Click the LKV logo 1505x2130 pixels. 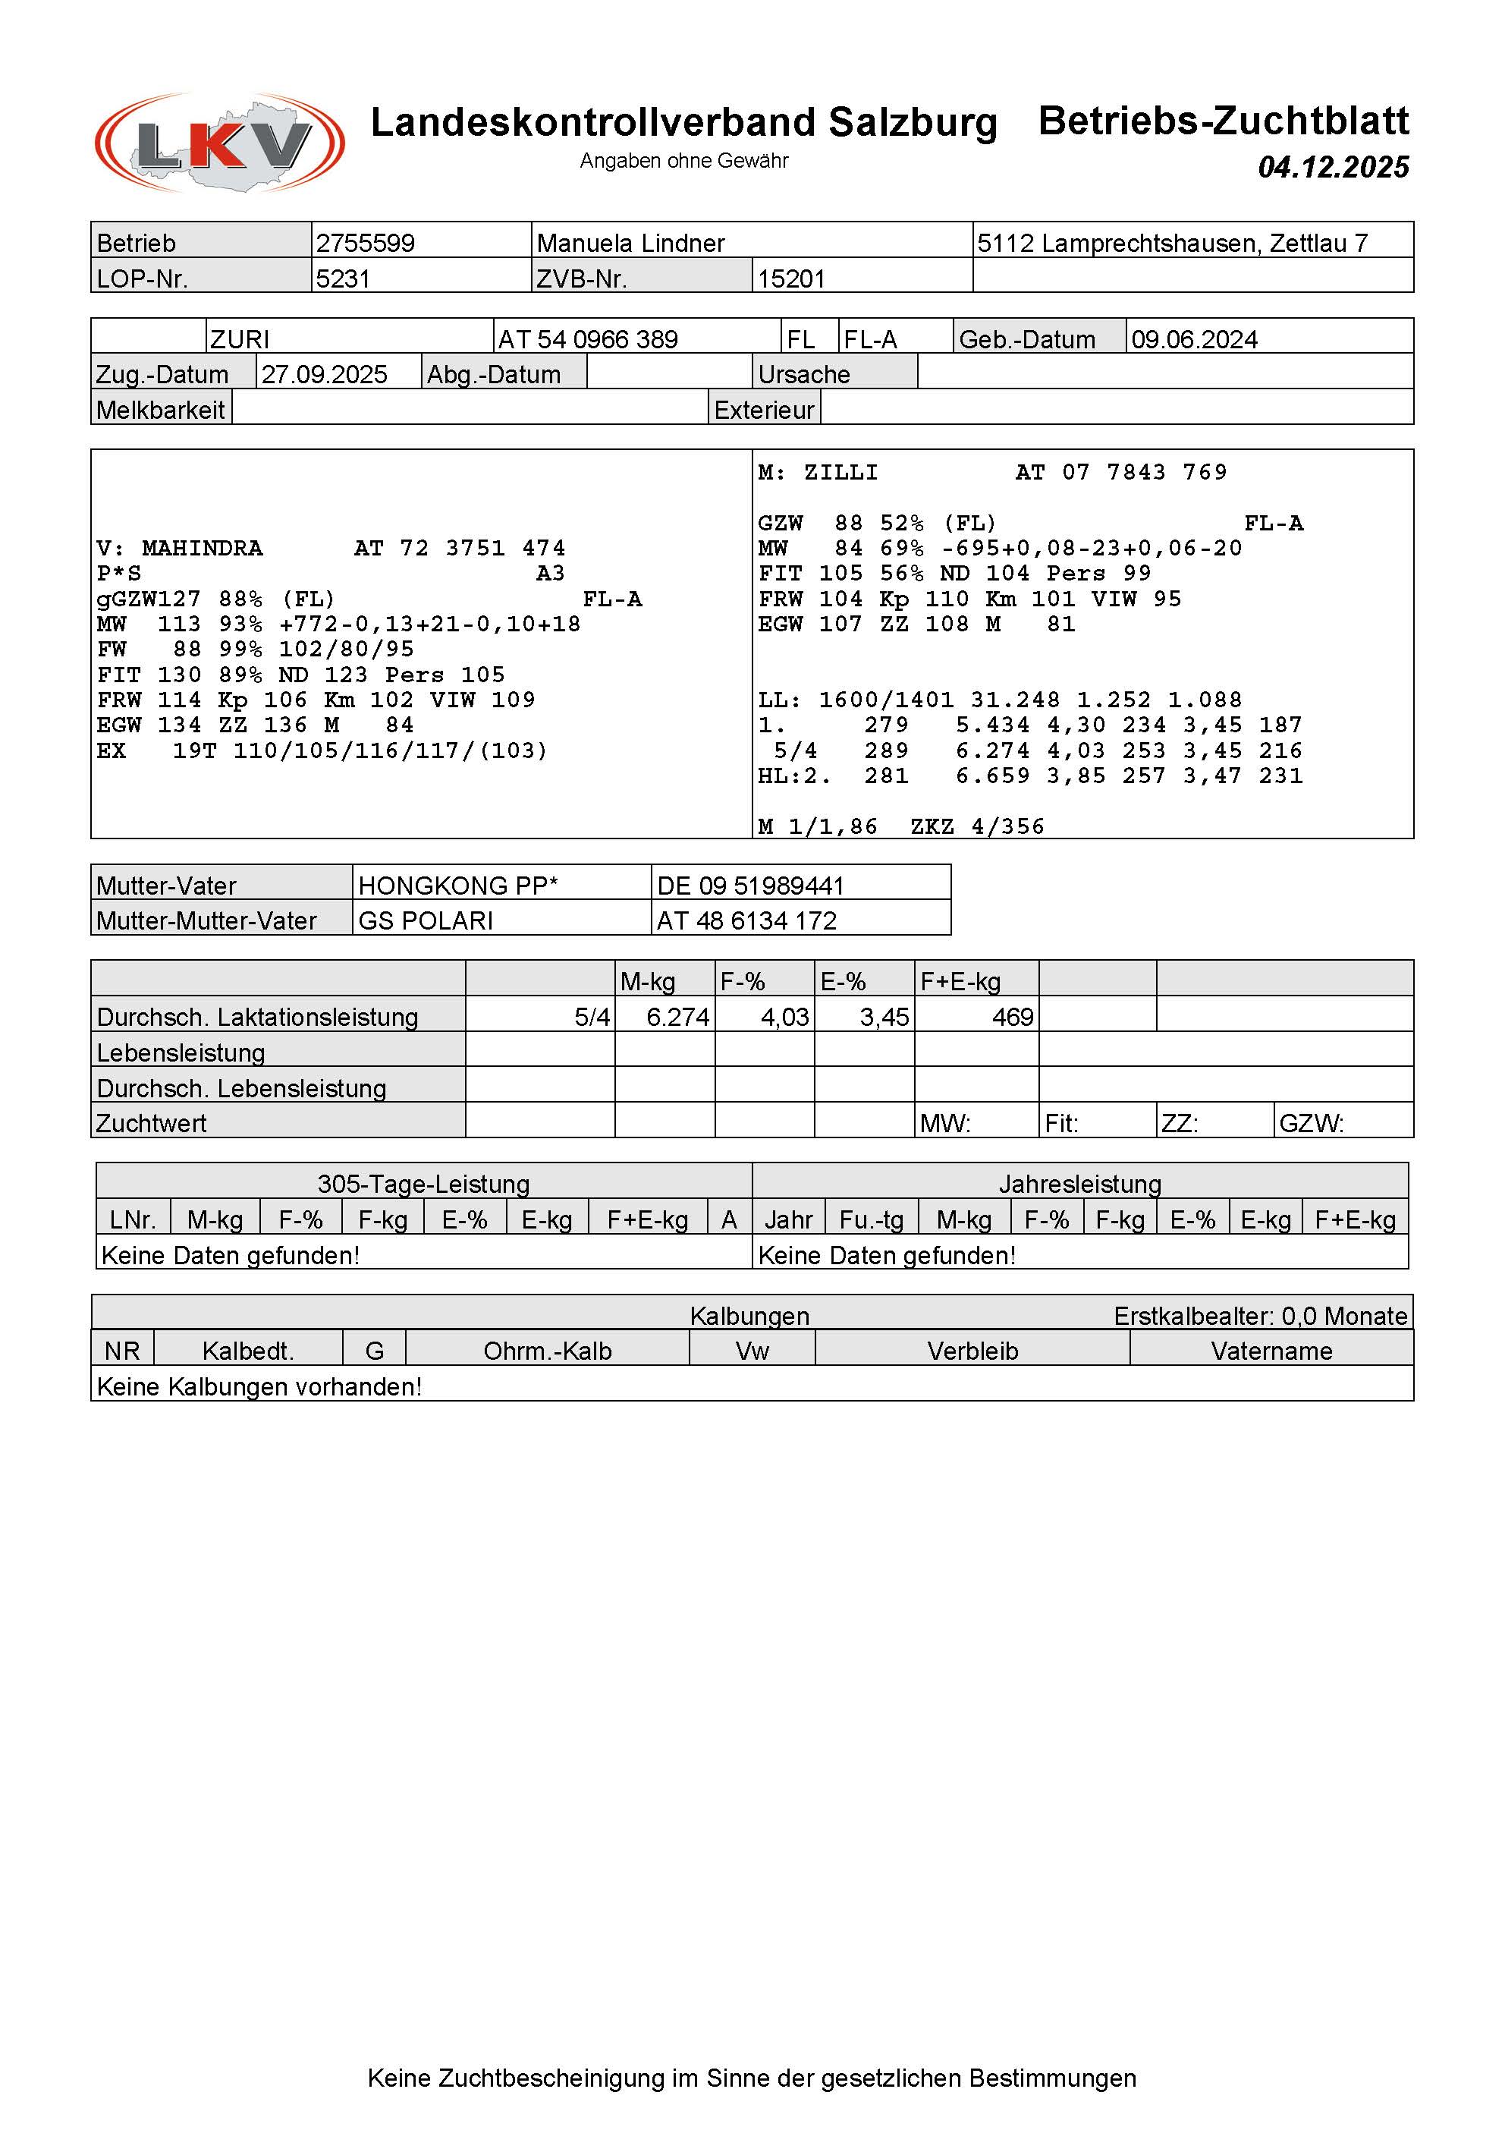click(220, 143)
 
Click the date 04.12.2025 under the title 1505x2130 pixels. click(1333, 168)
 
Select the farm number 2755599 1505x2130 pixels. click(366, 243)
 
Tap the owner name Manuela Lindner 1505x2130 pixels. click(630, 243)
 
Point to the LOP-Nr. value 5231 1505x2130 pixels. click(343, 278)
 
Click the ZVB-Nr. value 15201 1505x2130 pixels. click(791, 278)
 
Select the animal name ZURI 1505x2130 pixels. click(240, 339)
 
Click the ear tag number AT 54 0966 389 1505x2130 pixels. click(588, 339)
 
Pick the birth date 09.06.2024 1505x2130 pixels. click(1194, 339)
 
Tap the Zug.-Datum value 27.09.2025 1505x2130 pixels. click(325, 375)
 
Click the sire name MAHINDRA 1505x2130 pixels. click(202, 549)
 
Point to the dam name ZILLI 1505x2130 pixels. click(840, 472)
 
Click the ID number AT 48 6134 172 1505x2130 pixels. click(746, 920)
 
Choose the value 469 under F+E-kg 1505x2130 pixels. click(1013, 1017)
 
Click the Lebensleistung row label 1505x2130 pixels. click(181, 1053)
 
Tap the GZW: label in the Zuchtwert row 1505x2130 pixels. click(1312, 1124)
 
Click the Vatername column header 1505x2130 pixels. click(1271, 1351)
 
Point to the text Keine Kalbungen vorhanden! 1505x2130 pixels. click(259, 1387)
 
